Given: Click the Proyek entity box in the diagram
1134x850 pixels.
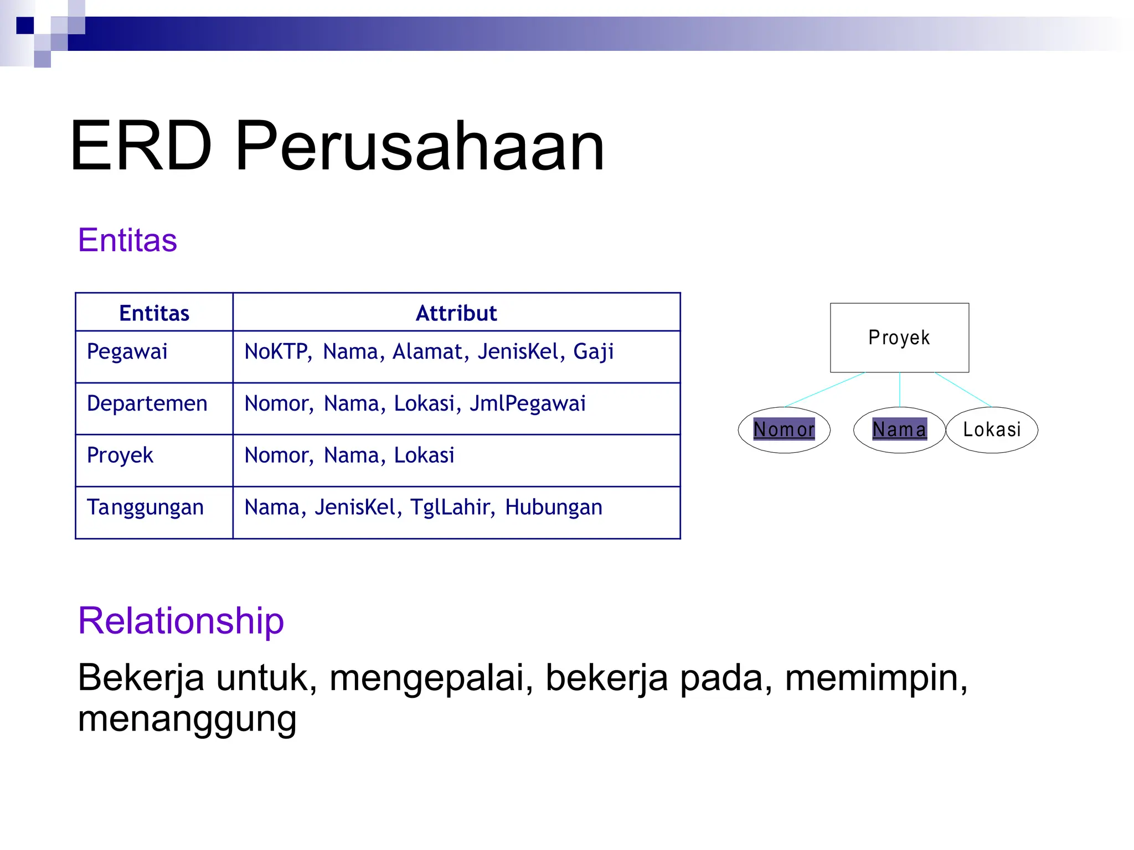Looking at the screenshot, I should tap(899, 338).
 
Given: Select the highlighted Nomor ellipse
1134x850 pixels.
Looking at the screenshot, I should tap(784, 429).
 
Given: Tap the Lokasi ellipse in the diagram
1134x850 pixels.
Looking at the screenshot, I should tap(992, 429).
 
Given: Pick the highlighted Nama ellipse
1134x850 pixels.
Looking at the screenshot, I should tap(899, 429).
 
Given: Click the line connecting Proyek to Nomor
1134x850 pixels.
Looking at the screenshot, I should tap(824, 390).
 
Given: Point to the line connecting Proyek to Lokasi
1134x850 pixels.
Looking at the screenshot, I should tap(963, 390).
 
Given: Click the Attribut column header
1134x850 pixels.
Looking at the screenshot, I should tap(456, 313).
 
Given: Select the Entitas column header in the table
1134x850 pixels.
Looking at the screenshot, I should tap(154, 313).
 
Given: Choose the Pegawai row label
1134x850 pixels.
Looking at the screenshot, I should tap(127, 352).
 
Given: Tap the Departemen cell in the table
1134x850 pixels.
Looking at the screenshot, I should tap(147, 403).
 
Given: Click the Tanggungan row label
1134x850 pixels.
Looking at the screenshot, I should tap(145, 507).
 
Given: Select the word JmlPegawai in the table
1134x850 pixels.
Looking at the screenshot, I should tap(527, 403).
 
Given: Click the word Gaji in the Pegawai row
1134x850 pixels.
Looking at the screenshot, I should tap(593, 352).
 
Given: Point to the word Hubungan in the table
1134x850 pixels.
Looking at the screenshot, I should tap(553, 507).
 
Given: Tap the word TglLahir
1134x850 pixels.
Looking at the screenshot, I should tap(452, 507).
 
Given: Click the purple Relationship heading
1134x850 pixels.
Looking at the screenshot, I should tap(181, 620).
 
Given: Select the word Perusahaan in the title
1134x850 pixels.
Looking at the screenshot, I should tap(420, 146).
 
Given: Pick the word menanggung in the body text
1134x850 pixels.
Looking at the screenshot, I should tap(187, 718).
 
